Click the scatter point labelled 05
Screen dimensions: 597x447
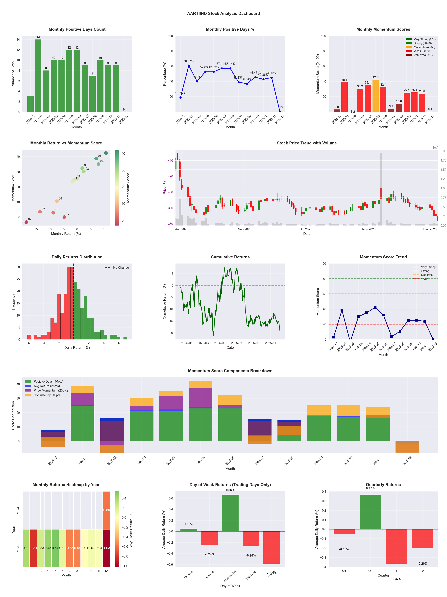coord(106,153)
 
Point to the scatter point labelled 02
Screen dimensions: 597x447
coord(26,222)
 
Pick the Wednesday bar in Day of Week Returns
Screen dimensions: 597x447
coord(230,513)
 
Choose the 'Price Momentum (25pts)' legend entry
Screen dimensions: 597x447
coord(51,390)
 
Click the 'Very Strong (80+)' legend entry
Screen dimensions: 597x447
coord(424,39)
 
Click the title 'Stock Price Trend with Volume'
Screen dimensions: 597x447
coord(307,143)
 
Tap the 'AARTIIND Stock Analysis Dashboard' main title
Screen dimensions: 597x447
coord(223,13)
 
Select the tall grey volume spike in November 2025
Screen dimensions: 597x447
coord(381,189)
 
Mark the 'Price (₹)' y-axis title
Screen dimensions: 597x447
coord(164,188)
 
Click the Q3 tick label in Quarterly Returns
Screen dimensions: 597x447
coord(396,571)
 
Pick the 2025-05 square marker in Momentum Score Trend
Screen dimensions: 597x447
coord(375,307)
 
